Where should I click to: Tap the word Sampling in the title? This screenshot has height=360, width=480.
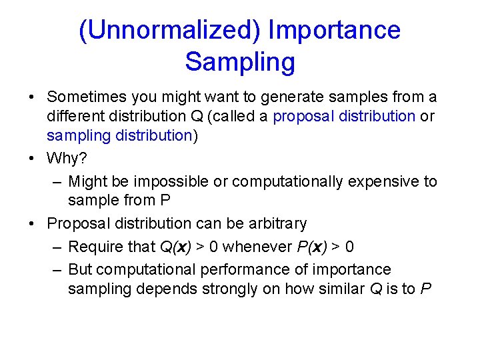[240, 62]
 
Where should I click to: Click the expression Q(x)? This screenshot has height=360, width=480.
[175, 247]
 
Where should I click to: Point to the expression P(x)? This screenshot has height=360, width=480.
[311, 247]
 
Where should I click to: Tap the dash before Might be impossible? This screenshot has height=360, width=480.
[57, 181]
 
